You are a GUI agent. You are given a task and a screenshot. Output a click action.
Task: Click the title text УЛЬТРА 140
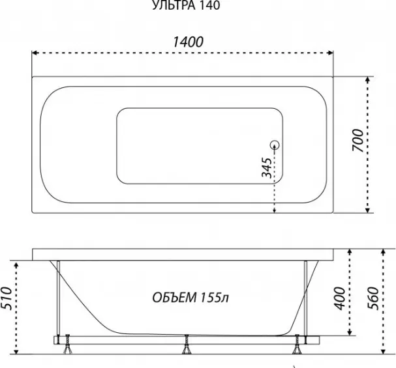[x=186, y=5]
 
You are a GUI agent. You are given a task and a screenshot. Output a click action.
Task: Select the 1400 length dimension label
[x=189, y=42]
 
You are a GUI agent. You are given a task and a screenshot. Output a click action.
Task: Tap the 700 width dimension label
[x=358, y=141]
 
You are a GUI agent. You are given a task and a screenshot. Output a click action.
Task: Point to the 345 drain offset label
[x=267, y=167]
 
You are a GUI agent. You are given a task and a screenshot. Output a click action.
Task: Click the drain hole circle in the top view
[x=275, y=145]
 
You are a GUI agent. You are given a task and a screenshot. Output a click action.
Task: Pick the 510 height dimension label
[x=6, y=298]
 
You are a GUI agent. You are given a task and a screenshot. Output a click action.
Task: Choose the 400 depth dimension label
[x=340, y=298]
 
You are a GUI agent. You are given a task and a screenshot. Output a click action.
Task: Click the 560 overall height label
[x=374, y=298]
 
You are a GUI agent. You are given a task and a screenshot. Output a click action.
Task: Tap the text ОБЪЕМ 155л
[x=190, y=298]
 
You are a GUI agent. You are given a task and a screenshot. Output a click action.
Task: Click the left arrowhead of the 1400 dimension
[x=35, y=53]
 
